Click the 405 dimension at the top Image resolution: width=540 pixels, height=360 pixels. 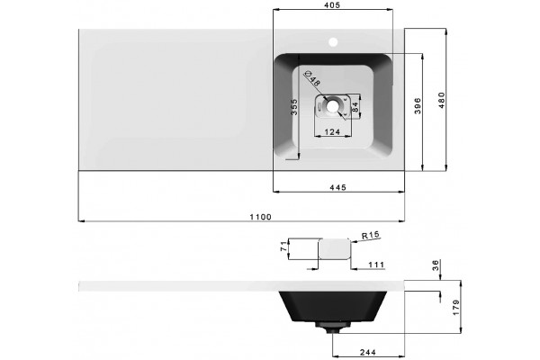coord(332,4)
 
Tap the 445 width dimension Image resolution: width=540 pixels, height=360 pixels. coord(337,187)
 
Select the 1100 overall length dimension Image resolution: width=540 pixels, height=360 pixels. coord(260,217)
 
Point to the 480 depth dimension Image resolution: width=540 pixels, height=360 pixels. coord(442,100)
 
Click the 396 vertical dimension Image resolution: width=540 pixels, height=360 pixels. coord(418,106)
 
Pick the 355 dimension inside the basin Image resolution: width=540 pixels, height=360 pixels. coord(293,107)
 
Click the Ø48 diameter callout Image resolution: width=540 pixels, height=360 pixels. coord(313,78)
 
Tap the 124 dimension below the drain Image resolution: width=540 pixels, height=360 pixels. coord(332,131)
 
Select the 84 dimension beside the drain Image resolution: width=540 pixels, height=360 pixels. coord(355,106)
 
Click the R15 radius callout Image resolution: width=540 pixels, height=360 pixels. coord(370,235)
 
